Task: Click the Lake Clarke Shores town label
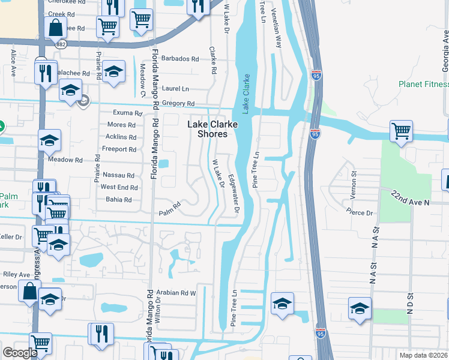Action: click(212, 129)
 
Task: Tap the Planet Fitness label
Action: click(423, 84)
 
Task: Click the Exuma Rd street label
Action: click(127, 113)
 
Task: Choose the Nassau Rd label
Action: click(119, 175)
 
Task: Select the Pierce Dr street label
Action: click(360, 211)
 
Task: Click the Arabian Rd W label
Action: click(176, 293)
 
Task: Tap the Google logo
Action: click(20, 352)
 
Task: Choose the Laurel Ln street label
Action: click(176, 88)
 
